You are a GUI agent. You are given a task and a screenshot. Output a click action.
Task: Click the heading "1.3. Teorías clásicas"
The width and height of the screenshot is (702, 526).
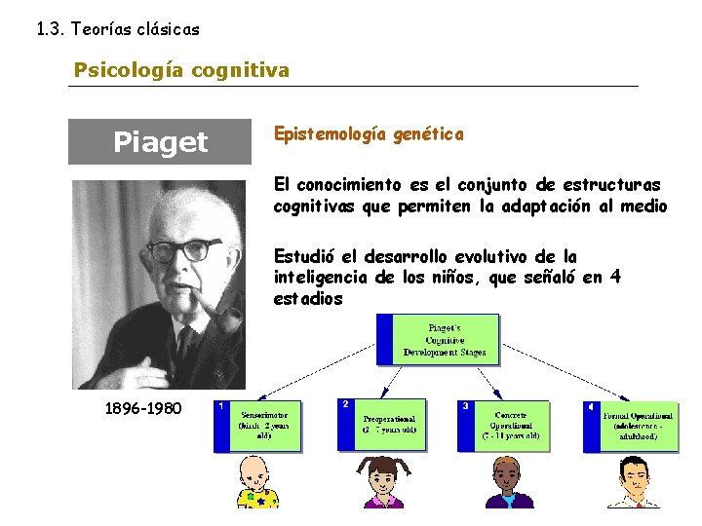[x=117, y=29]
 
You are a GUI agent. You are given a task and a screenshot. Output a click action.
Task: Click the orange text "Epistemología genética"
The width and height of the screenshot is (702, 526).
[x=369, y=134]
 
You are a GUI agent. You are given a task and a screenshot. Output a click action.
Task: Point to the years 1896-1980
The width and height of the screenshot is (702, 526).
[x=142, y=407]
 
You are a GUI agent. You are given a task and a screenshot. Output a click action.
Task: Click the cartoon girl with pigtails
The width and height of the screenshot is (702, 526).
[x=383, y=482]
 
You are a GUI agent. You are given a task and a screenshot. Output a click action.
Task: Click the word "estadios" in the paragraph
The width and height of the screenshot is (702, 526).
[x=308, y=299]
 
